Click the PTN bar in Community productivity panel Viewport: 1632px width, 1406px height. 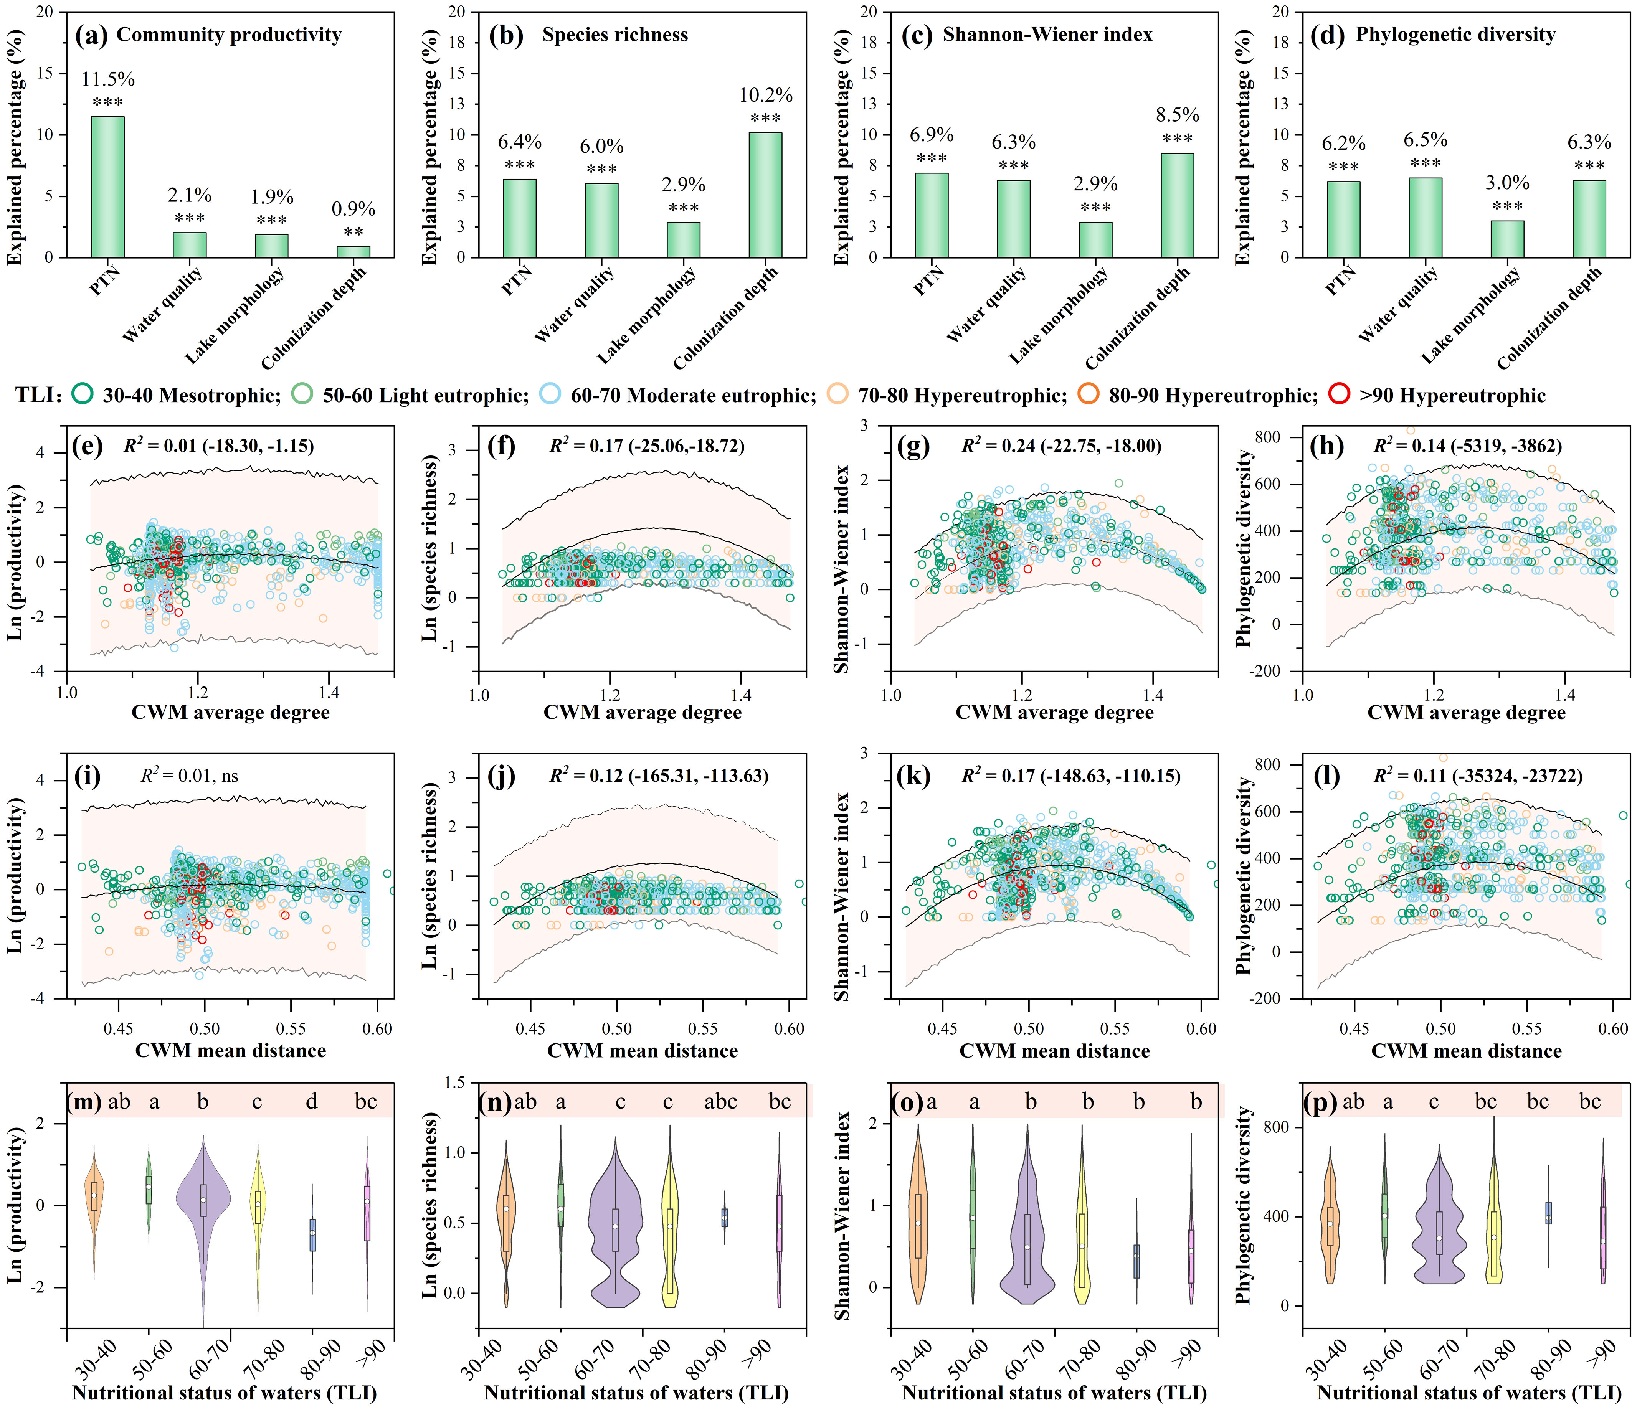point(108,186)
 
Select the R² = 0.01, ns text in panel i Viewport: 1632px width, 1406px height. point(189,776)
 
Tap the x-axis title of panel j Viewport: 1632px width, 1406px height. point(642,1051)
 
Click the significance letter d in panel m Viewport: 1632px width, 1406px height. point(312,1101)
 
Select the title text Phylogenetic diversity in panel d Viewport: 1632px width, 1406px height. point(1455,35)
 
